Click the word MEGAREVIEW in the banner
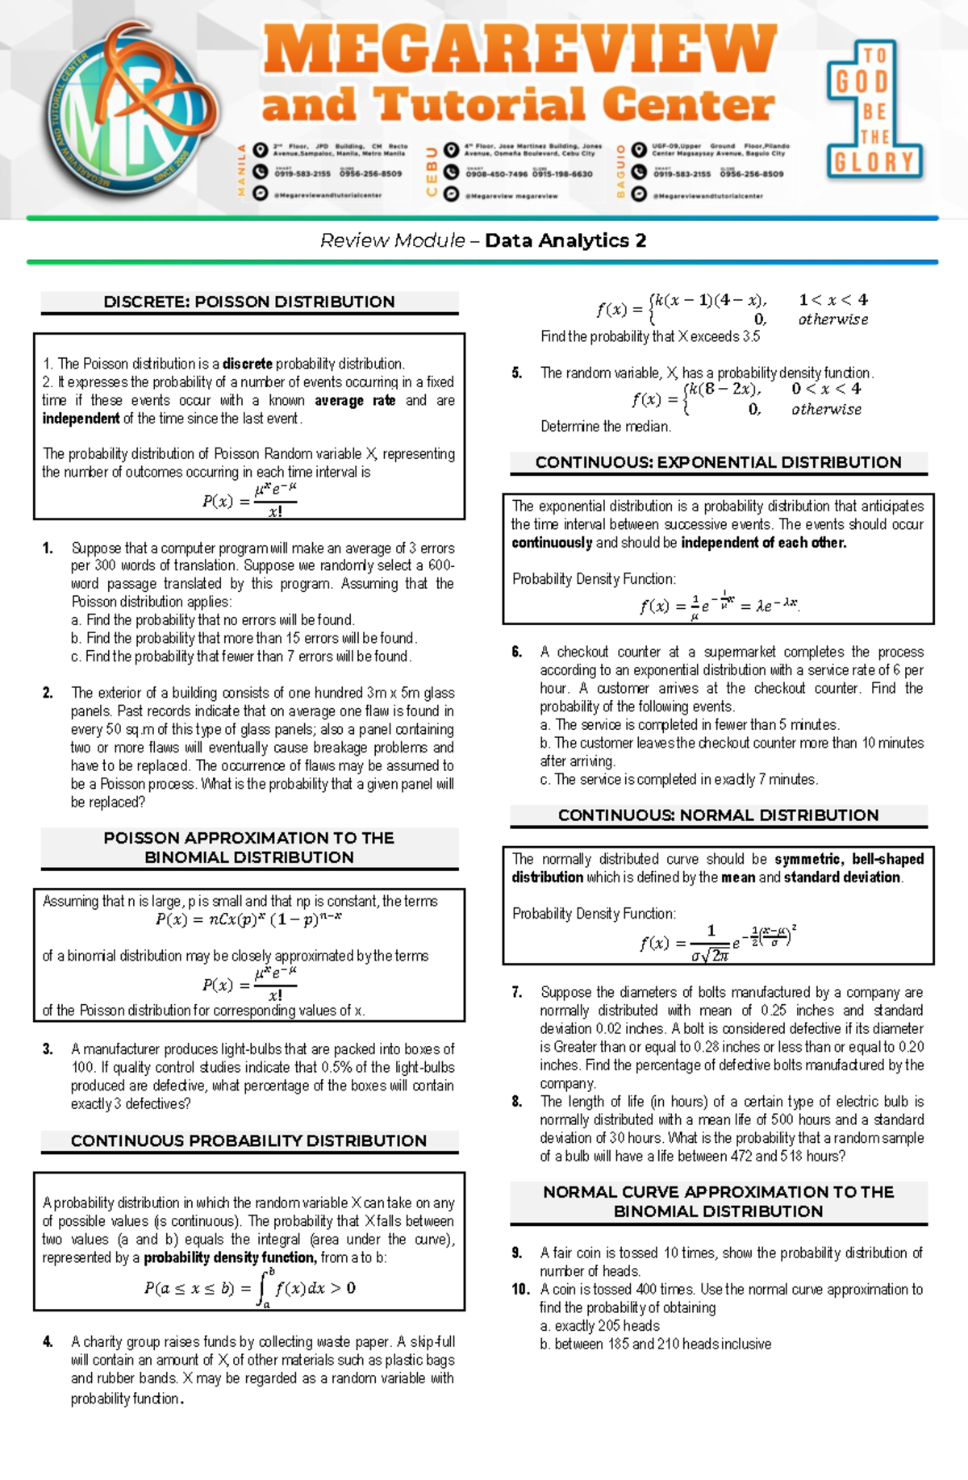(519, 50)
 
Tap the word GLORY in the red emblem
(874, 162)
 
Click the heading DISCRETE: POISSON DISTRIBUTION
(249, 302)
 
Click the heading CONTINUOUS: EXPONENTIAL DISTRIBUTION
(718, 462)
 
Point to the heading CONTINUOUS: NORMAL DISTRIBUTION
(718, 815)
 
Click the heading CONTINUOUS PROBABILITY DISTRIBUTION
(248, 1140)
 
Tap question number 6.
(517, 652)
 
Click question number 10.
(520, 1289)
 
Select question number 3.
(48, 1049)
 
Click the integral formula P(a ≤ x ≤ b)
(249, 1287)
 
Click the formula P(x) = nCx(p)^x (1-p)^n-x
(248, 919)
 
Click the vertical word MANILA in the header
(240, 170)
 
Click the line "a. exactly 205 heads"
(599, 1326)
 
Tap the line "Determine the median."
(605, 427)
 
